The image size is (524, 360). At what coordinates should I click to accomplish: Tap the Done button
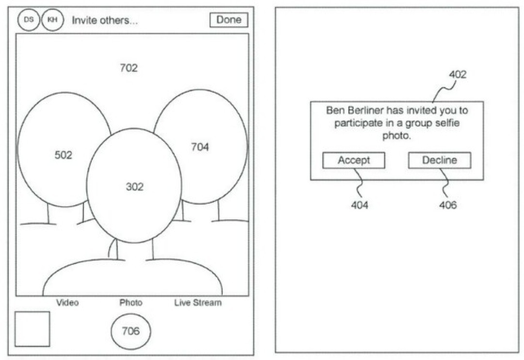pos(229,20)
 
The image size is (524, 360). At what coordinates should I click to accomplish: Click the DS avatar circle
pos(29,20)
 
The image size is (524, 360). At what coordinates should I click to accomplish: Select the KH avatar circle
pos(52,20)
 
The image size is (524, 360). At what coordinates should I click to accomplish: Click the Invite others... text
pos(105,21)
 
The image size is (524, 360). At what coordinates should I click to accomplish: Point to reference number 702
pos(129,68)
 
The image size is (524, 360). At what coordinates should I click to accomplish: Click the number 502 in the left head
pos(63,155)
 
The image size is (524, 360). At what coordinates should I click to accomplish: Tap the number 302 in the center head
pos(134,186)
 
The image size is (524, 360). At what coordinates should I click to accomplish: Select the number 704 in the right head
pos(200,147)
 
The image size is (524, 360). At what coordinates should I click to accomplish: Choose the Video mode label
pos(67,303)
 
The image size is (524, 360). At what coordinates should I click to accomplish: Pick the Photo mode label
pos(131,303)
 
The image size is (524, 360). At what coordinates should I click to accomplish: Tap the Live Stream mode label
pos(198,303)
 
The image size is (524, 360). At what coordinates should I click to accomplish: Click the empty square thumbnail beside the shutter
pos(32,329)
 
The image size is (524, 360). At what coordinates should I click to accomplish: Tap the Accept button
pos(354,161)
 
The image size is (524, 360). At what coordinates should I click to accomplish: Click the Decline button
pos(439,161)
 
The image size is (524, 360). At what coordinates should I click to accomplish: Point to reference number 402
pos(458,75)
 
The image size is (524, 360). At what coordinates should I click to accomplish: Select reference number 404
pos(360,205)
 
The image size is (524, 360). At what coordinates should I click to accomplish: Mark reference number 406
pos(448,205)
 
